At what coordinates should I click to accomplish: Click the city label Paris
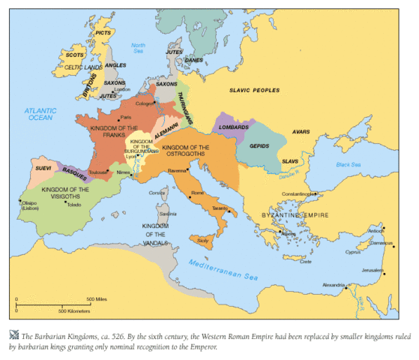coord(126,117)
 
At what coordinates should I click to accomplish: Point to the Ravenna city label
coord(197,170)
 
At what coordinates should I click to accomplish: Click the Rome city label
coord(198,193)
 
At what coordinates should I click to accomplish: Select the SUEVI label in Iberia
coord(43,169)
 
